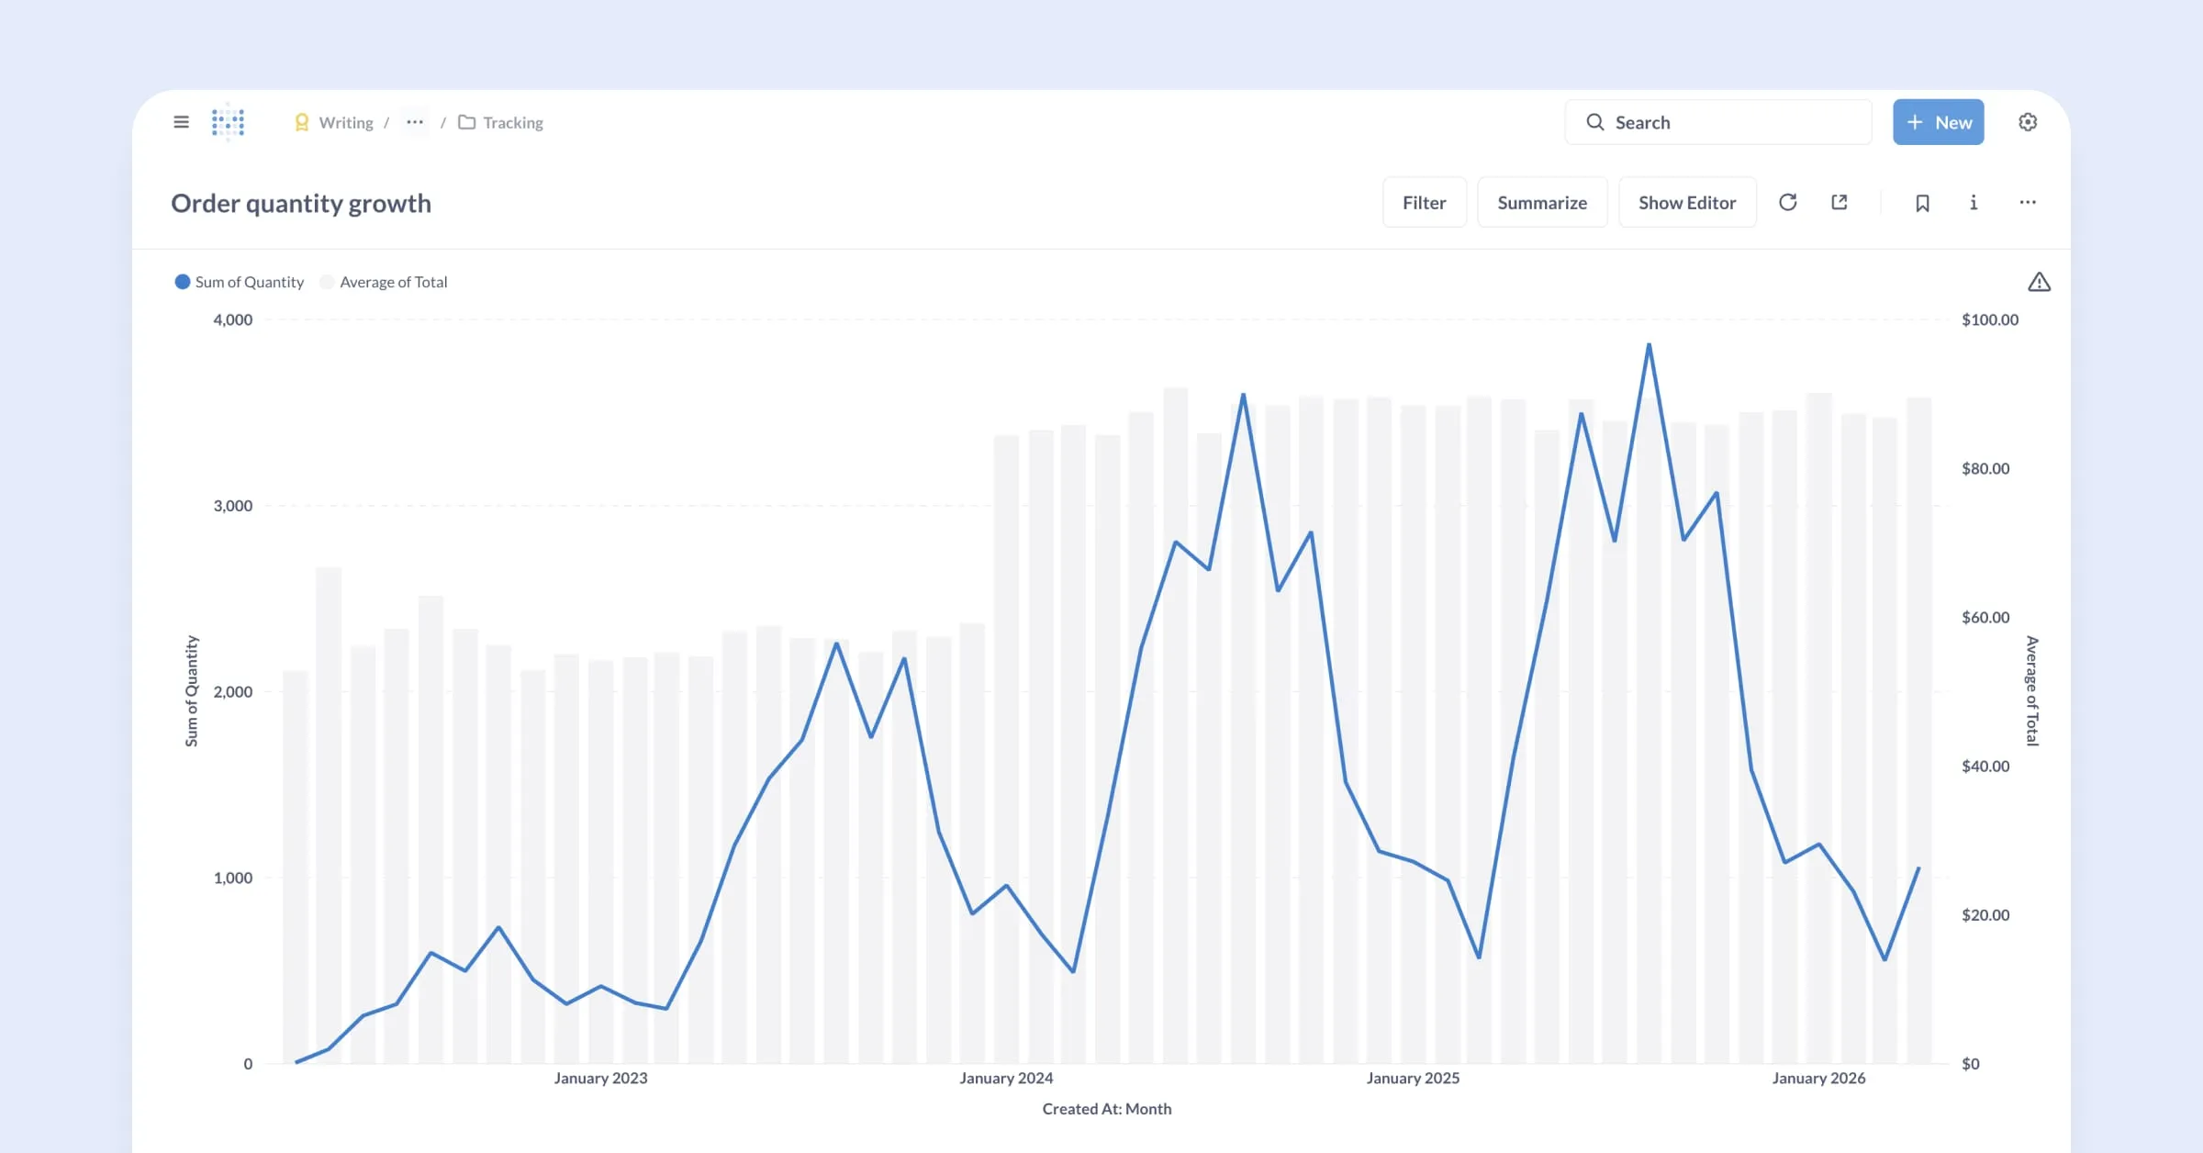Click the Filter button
[1424, 203]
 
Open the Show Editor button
[1686, 203]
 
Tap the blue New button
[1938, 122]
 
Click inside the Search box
[1726, 122]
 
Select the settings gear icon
[2028, 122]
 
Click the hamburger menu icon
[181, 122]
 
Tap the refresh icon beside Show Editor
[1787, 202]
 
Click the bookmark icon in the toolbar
[1922, 203]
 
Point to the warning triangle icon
[2039, 282]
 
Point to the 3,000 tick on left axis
[232, 506]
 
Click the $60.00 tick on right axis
[1985, 617]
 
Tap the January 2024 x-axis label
[1006, 1078]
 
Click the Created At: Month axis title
[1106, 1109]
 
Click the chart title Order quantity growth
[301, 203]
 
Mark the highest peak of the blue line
[1649, 345]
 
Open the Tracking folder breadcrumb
[511, 122]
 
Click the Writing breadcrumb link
[345, 122]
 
